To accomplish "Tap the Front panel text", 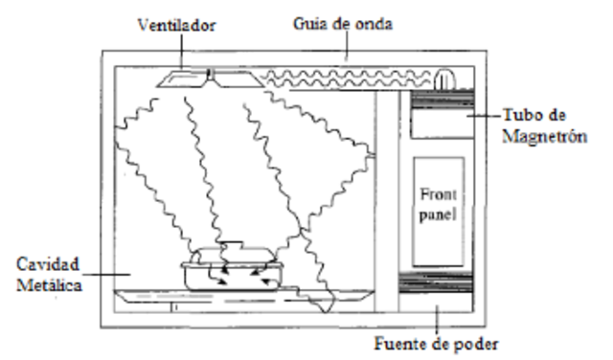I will click(438, 204).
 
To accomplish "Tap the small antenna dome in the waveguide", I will click(444, 79).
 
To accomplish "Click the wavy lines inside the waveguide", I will click(345, 77).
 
